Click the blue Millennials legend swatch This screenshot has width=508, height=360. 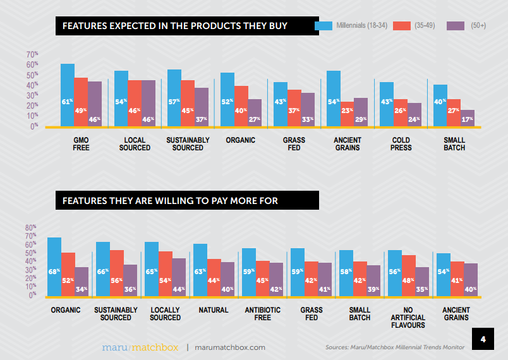pos(324,26)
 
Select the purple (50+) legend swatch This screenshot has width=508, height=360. pos(456,26)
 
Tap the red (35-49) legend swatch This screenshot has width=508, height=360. pos(402,26)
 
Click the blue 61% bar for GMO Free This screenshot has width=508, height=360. pos(68,95)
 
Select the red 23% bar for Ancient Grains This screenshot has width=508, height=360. pos(347,114)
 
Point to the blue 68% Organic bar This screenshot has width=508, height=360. pos(54,266)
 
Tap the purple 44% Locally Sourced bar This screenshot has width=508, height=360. pos(179,276)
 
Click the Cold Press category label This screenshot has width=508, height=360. pos(401,143)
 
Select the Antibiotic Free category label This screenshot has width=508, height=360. pos(258,313)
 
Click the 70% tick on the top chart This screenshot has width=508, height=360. pos(32,54)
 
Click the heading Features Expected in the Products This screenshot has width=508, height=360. pos(174,26)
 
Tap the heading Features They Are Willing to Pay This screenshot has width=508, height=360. pos(170,201)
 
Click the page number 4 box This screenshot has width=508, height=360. pos(483,340)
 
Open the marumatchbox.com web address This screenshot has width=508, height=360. pos(230,347)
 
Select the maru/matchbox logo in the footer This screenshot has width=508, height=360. pos(140,347)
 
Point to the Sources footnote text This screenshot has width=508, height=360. pos(395,347)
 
